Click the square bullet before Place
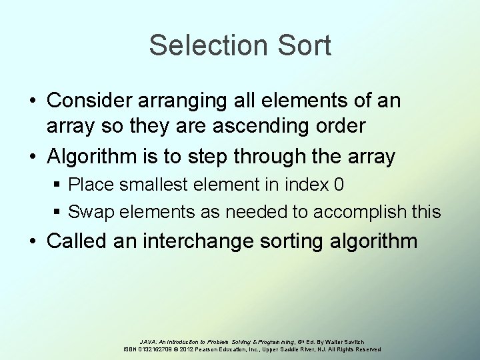click(x=60, y=185)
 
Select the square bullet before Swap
click(x=60, y=213)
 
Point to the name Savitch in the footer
click(x=371, y=341)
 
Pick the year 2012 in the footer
click(x=187, y=349)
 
